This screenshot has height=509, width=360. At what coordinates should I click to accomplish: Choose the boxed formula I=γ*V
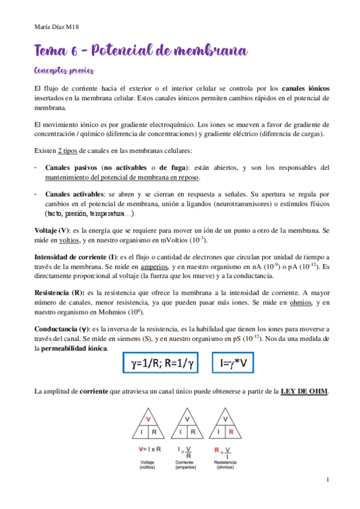click(245, 363)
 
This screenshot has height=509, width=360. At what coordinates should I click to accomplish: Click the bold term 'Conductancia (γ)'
click(61, 329)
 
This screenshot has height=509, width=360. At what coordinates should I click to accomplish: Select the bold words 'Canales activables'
click(75, 195)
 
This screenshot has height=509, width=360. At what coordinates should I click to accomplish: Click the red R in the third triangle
click(231, 431)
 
